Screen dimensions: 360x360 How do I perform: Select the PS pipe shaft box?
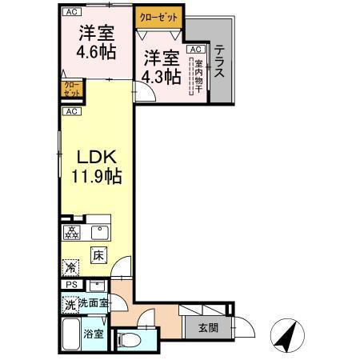point(70,285)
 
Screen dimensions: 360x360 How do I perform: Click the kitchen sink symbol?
point(100,233)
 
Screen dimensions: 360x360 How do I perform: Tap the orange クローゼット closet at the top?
point(159,17)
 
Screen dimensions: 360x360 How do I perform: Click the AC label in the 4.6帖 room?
point(71,12)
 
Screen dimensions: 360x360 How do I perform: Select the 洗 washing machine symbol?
point(70,304)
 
